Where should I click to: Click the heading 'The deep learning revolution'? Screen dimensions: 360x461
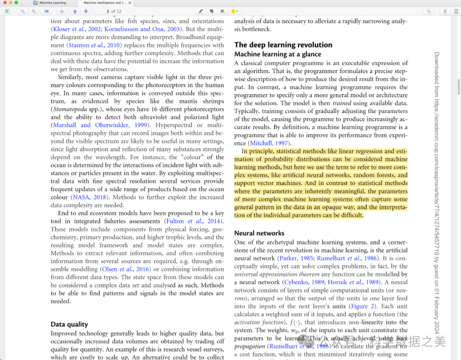pyautogui.click(x=283, y=45)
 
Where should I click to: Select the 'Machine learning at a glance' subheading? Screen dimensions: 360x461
pyautogui.click(x=277, y=54)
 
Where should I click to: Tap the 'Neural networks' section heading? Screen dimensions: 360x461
pyautogui.click(x=259, y=233)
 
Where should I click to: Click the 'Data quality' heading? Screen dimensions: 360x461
pyautogui.click(x=69, y=325)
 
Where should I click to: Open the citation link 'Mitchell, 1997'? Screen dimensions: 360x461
pyautogui.click(x=269, y=143)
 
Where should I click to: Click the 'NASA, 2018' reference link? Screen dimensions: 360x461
pyautogui.click(x=89, y=197)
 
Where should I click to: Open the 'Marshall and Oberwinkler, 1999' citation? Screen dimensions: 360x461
pyautogui.click(x=100, y=125)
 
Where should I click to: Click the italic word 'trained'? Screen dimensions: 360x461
pyautogui.click(x=341, y=103)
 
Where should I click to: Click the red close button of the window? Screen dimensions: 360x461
pyautogui.click(x=5, y=3)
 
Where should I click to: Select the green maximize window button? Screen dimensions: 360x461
pyautogui.click(x=16, y=3)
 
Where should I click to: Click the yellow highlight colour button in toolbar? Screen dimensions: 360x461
pyautogui.click(x=233, y=11)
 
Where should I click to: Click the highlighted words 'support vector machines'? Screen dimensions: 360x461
pyautogui.click(x=261, y=183)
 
